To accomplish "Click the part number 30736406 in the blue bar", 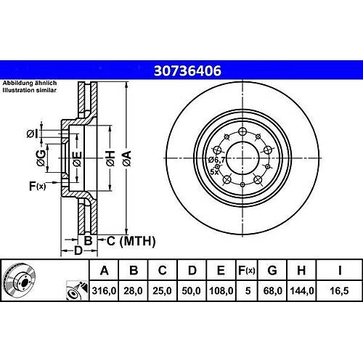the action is [x=187, y=71].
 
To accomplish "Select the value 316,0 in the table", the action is [x=104, y=290].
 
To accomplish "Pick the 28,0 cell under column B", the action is [x=133, y=290].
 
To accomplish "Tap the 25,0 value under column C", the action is [x=162, y=290].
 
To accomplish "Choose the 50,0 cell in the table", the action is [x=192, y=290].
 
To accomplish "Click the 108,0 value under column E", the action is [x=221, y=290].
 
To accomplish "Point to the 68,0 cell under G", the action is [x=273, y=290].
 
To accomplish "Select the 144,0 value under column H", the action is [x=302, y=290].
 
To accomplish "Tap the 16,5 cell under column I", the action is [x=340, y=290].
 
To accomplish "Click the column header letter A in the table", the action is [x=104, y=270].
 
